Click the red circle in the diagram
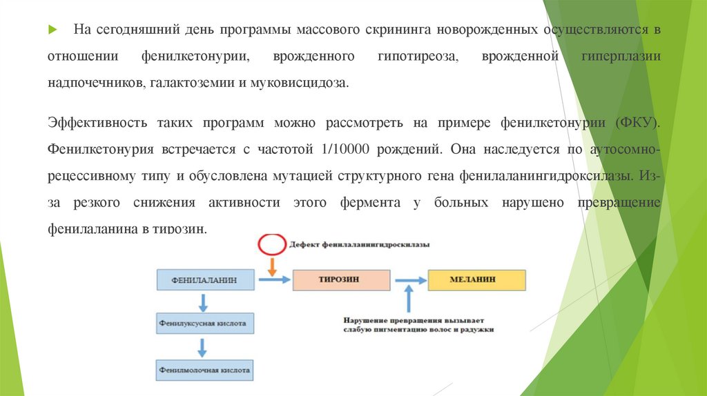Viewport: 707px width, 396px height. click(271, 244)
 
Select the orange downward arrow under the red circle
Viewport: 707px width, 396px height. click(271, 266)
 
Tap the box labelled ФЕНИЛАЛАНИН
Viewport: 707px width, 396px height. click(205, 280)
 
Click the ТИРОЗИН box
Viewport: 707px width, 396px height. click(341, 280)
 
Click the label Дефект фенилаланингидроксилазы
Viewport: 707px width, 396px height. click(359, 245)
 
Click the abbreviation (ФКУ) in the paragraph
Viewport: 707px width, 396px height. click(637, 123)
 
